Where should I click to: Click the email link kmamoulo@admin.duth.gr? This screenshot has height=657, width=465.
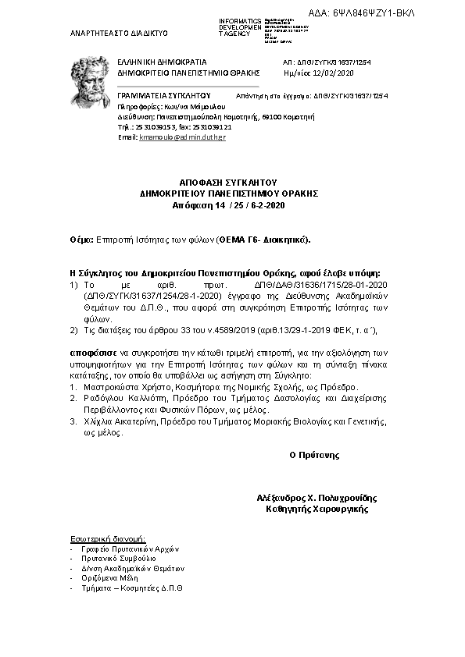[183, 137]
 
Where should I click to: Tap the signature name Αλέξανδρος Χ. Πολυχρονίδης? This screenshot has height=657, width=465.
[316, 498]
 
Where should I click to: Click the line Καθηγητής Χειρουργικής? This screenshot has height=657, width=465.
[317, 509]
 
